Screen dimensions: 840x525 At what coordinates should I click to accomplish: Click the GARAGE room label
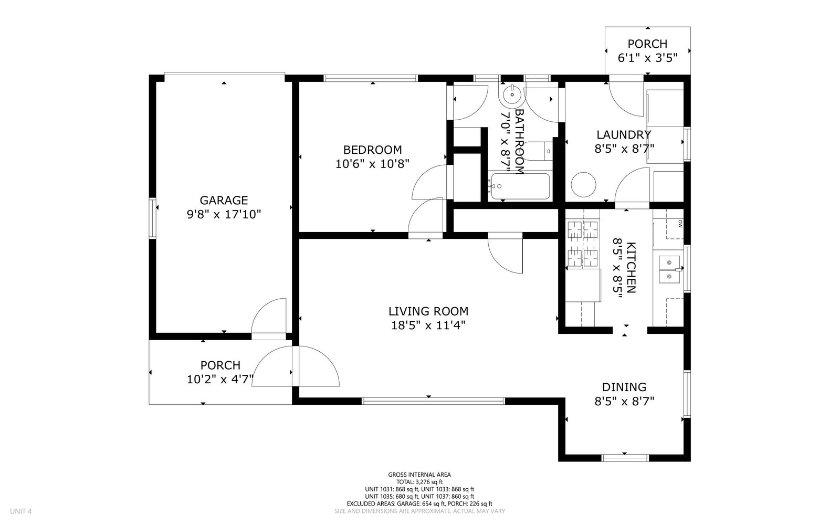[x=224, y=200]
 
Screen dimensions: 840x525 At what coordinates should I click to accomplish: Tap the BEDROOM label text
[x=372, y=150]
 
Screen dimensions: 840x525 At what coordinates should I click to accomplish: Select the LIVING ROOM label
[x=428, y=311]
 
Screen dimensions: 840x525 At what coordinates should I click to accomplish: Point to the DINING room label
[x=624, y=387]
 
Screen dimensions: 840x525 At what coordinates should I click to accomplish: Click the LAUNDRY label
[x=624, y=134]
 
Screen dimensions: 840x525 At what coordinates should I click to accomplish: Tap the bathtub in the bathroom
[x=519, y=186]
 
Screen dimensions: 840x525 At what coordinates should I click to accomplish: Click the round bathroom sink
[x=511, y=94]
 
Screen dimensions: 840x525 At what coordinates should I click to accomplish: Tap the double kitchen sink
[x=669, y=269]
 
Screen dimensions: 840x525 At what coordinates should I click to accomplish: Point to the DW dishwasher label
[x=680, y=224]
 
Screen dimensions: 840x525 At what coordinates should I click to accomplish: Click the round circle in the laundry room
[x=583, y=184]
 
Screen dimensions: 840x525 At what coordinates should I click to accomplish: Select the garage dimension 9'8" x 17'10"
[x=224, y=215]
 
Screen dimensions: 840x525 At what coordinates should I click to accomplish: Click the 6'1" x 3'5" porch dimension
[x=648, y=58]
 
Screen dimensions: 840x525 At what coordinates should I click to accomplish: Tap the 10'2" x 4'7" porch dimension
[x=220, y=380]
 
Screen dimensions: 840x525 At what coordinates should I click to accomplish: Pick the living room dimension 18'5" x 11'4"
[x=428, y=325]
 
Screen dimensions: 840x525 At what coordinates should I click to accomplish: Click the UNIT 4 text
[x=20, y=511]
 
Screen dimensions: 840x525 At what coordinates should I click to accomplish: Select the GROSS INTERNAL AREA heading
[x=419, y=475]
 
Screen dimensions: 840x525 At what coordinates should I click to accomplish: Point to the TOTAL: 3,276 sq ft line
[x=419, y=482]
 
